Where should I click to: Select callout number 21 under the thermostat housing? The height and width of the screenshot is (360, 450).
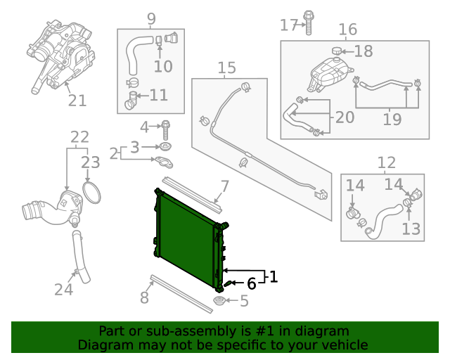point(77,101)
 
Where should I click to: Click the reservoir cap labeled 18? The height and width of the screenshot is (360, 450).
point(337,50)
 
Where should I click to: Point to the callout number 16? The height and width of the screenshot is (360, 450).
point(348,30)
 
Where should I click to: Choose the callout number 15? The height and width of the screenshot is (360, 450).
point(226,68)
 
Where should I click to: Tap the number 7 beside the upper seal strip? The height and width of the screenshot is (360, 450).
point(224,186)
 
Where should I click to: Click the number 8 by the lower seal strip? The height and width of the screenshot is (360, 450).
point(144,297)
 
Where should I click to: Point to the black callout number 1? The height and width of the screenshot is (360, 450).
point(273,277)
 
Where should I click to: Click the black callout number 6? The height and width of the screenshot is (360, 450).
point(251,284)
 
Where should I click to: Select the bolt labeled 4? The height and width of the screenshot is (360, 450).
point(167,129)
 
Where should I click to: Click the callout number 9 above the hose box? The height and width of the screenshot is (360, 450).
point(151,18)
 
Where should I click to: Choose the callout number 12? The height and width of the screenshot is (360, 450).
point(387,163)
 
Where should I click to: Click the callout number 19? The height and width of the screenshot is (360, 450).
point(392,119)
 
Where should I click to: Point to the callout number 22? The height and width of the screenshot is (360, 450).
point(79,136)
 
